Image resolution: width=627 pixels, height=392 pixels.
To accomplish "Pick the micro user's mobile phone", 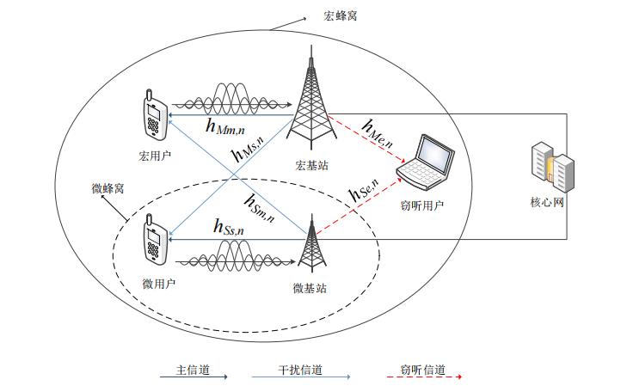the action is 155,239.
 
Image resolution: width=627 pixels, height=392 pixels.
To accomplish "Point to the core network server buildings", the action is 553,167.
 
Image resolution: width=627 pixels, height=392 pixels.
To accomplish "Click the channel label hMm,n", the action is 225,126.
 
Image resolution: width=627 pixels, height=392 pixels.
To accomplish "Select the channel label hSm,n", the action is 260,208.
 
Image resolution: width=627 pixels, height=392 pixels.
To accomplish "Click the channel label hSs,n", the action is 229,227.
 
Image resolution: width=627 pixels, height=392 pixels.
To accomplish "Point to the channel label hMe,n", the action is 377,134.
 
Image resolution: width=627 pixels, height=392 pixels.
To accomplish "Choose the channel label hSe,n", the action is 364,190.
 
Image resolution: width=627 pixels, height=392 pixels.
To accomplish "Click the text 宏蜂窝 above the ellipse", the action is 341,16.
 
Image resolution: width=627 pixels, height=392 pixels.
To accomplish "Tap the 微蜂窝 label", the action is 108,188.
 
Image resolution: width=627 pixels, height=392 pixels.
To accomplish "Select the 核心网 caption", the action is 547,202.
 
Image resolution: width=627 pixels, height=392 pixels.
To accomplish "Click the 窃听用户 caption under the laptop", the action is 421,205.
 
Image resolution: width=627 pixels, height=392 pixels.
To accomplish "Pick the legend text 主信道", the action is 193,370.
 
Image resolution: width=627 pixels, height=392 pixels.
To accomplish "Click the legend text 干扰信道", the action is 300,370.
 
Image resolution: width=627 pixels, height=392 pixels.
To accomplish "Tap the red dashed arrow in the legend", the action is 424,377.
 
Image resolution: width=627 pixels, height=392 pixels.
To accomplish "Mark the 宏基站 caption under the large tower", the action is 311,165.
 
